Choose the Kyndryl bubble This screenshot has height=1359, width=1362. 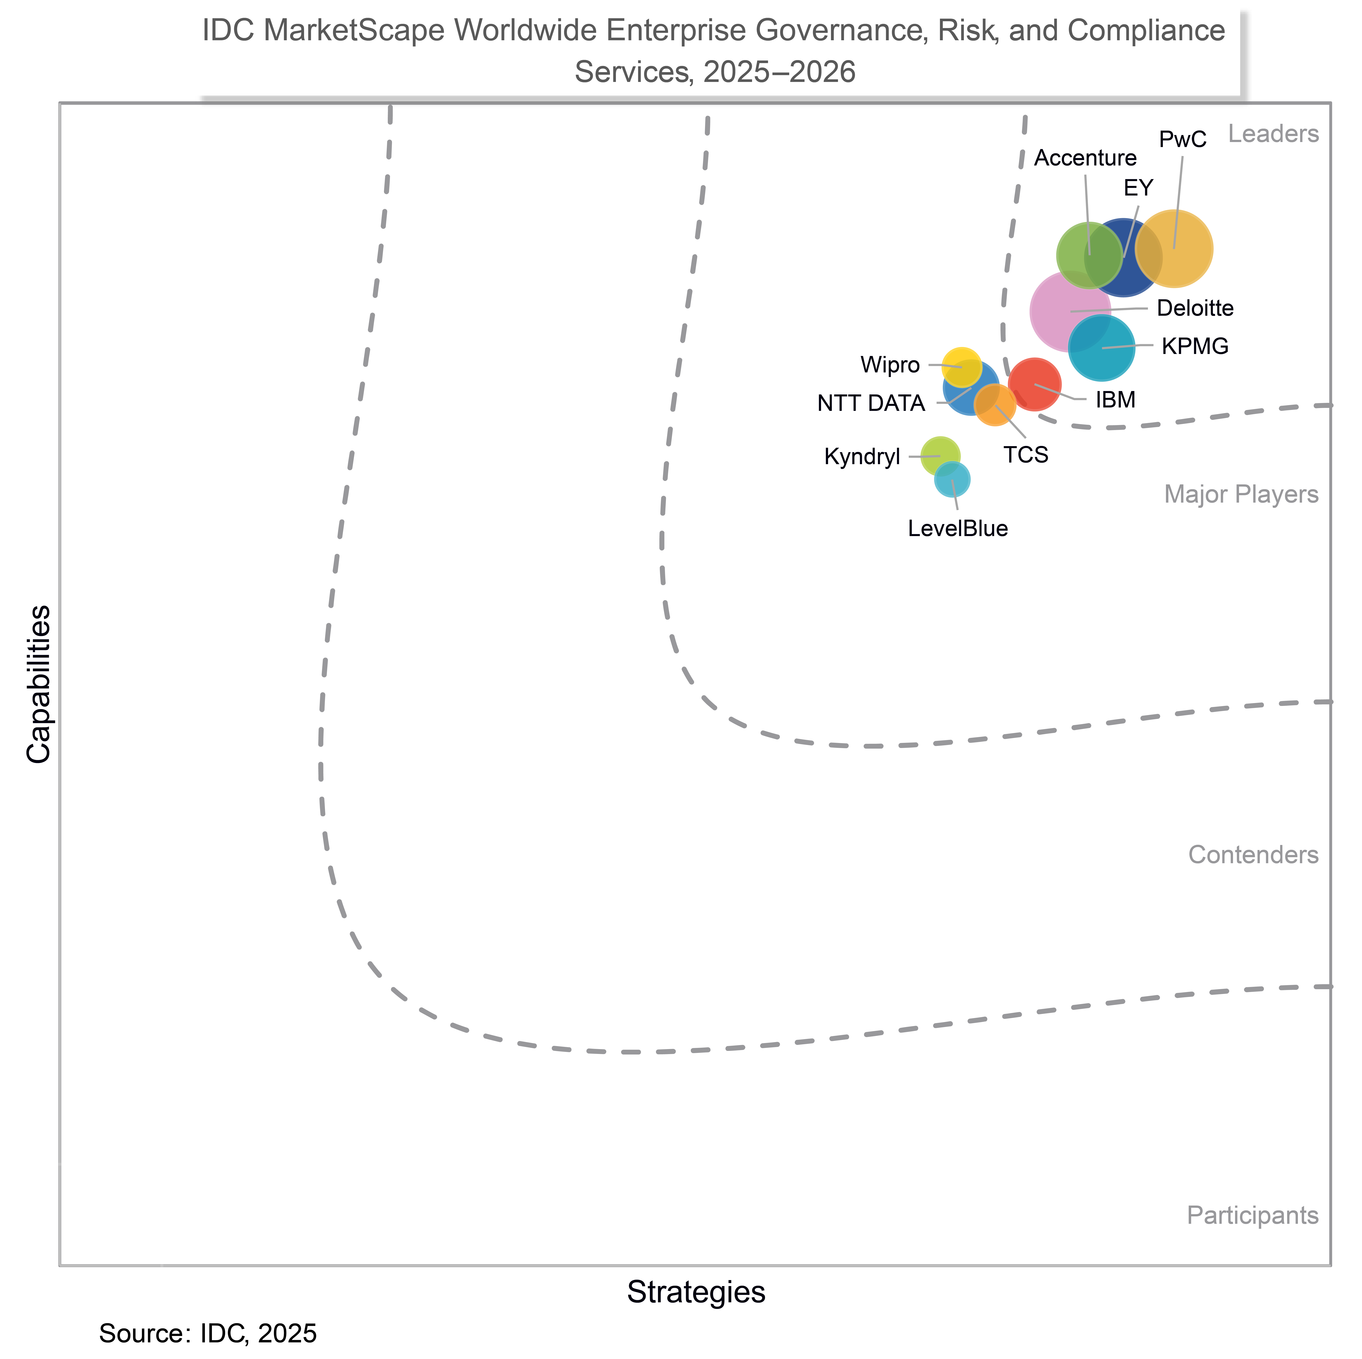940,456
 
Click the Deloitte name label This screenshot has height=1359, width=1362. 1195,308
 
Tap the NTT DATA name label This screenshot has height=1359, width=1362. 871,403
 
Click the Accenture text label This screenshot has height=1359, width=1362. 1085,158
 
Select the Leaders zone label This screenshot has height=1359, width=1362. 1272,134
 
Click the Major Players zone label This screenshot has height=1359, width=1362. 1241,494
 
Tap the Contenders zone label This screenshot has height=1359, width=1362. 1253,855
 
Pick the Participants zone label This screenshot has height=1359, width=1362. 1252,1215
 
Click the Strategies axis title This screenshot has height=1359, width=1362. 696,1291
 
